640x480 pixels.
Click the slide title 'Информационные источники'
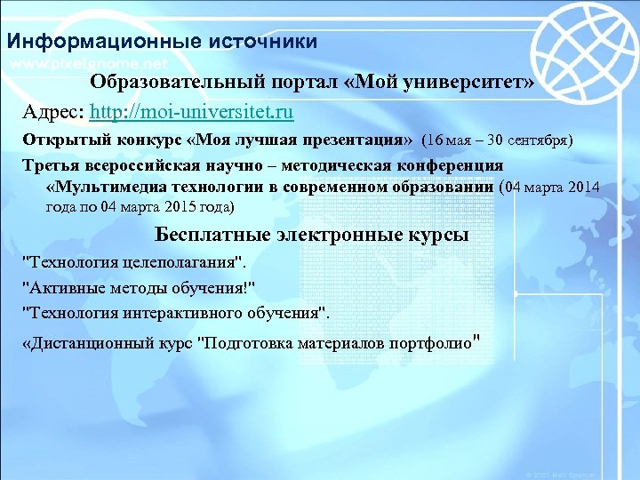pos(161,42)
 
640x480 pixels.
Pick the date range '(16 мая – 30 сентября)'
pos(497,140)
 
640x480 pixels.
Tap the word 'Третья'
pos(51,165)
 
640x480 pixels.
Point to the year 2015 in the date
pos(158,207)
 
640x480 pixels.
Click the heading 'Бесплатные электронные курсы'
pos(311,236)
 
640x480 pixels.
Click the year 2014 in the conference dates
pos(581,187)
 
